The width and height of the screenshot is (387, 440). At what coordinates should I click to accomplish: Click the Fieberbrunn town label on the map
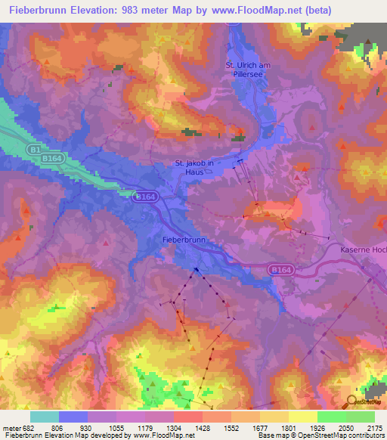click(x=185, y=240)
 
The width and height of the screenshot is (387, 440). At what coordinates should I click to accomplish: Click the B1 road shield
click(x=35, y=150)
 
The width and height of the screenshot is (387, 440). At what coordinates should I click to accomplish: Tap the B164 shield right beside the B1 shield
click(x=52, y=158)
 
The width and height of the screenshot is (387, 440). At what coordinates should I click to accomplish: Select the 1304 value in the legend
click(x=173, y=428)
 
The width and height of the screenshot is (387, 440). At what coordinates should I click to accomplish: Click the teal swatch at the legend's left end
click(x=45, y=417)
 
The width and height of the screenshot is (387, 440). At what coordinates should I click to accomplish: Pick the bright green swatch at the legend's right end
click(x=361, y=417)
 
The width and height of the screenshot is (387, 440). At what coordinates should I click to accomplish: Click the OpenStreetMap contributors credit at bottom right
click(x=348, y=435)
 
